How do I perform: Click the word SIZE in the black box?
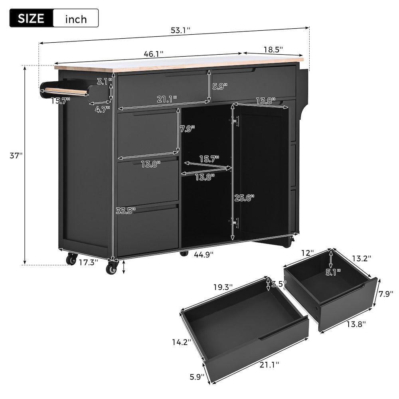click(31, 18)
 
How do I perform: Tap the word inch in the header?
click(75, 18)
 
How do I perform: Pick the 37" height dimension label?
click(15, 156)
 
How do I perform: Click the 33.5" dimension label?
click(126, 210)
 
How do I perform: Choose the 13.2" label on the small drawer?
click(361, 258)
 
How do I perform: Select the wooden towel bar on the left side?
click(64, 91)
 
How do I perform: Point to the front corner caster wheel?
click(112, 268)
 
